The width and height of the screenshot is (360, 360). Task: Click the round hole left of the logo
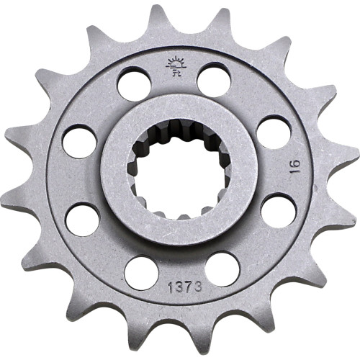134,82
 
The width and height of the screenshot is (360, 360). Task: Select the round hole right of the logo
214,79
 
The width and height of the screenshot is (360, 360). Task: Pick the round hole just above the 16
273,132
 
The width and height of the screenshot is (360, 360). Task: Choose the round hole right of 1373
222,268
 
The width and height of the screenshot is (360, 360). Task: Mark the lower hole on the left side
82,218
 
